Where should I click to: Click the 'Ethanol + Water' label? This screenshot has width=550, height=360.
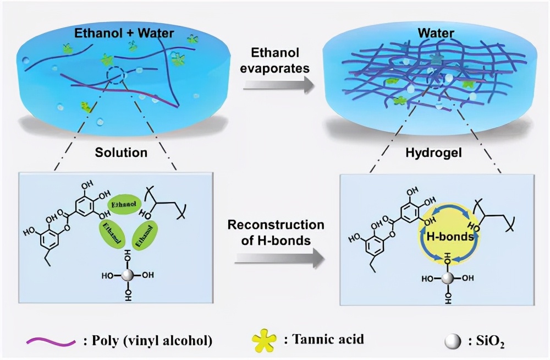[124, 33]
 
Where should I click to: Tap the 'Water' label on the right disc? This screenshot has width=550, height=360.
[436, 33]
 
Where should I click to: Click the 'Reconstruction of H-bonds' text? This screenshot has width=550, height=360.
[276, 232]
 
